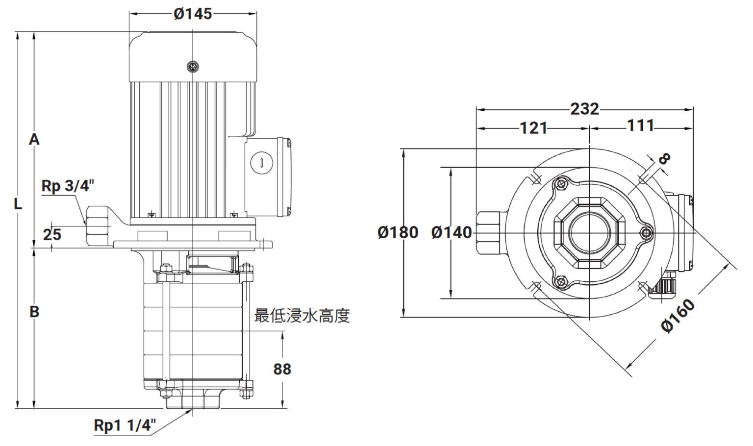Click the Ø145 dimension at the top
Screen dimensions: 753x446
[193, 14]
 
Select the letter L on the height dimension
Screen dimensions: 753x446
[18, 204]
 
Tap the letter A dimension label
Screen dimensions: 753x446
[34, 139]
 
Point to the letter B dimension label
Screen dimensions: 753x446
[34, 312]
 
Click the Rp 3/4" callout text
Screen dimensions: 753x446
[68, 186]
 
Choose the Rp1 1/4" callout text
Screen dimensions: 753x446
[125, 425]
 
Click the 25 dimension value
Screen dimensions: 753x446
[52, 235]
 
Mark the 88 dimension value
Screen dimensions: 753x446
[282, 369]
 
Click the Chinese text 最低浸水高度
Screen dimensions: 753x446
[302, 316]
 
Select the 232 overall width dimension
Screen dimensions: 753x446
[584, 109]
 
